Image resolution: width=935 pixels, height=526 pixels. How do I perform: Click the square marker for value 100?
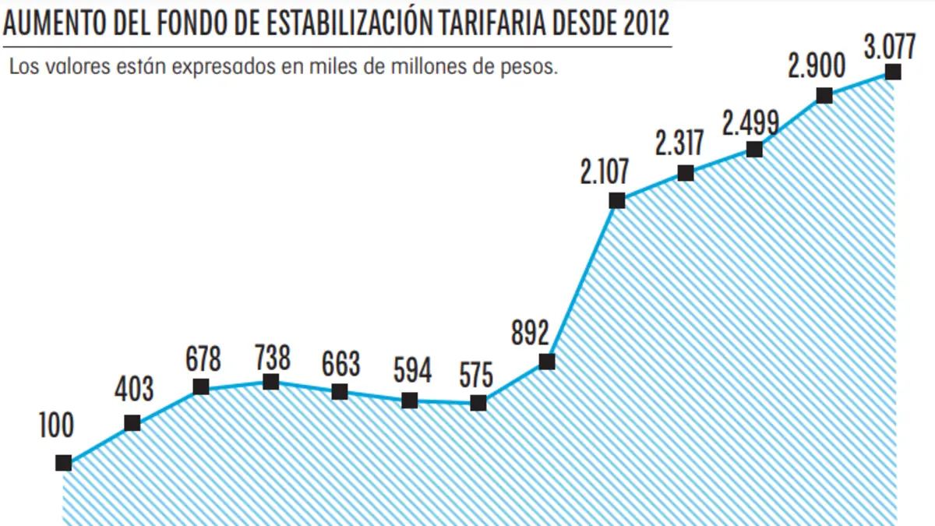(x=64, y=463)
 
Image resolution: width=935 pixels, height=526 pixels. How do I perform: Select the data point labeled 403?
(x=132, y=423)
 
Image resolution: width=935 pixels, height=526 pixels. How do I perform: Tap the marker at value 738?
(x=270, y=382)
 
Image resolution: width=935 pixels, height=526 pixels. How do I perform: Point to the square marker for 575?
(x=478, y=403)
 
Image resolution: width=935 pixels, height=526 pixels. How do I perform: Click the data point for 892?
(x=547, y=362)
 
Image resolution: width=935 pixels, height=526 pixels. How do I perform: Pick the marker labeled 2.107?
(x=617, y=200)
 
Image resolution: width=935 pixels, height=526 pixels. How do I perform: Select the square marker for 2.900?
(x=824, y=96)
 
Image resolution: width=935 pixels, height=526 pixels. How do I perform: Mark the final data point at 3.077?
(x=894, y=72)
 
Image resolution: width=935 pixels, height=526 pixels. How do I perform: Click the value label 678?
(x=203, y=361)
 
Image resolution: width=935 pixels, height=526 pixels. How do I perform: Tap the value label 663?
(x=340, y=365)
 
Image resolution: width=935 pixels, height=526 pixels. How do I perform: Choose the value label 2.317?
(x=679, y=144)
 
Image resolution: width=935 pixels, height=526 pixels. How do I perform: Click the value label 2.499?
(x=750, y=123)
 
